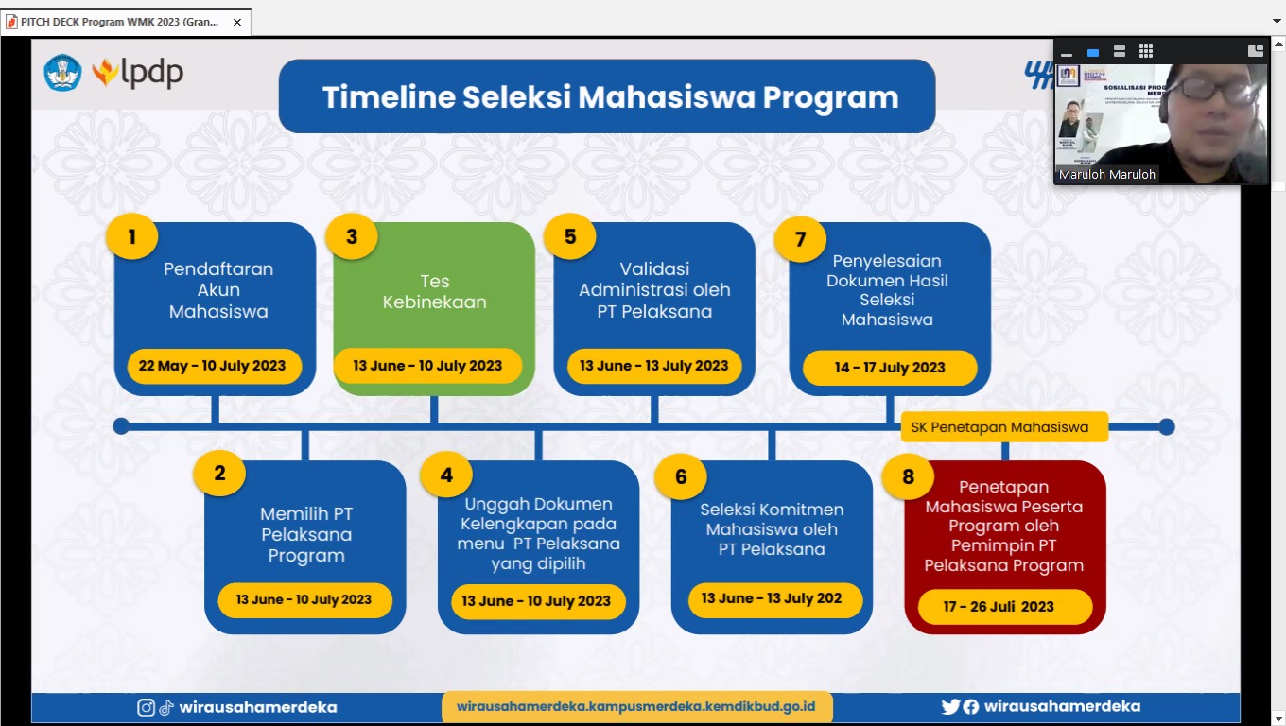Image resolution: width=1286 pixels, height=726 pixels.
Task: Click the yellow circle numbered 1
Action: (x=131, y=237)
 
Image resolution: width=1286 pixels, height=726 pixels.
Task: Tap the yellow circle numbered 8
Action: (x=909, y=476)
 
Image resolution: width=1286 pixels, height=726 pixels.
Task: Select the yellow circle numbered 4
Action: (x=447, y=475)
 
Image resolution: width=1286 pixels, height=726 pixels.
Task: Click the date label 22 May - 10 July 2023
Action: (x=212, y=366)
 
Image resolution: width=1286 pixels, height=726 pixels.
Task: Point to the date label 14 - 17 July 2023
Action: (x=890, y=368)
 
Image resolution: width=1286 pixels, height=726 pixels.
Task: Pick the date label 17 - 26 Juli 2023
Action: (x=999, y=606)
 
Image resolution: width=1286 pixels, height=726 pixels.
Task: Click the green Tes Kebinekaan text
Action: (x=435, y=292)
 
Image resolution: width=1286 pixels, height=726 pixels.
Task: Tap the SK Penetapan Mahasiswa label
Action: (x=999, y=427)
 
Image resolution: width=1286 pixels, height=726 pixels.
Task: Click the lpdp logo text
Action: (x=151, y=74)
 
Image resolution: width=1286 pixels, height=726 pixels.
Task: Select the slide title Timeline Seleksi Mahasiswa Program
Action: (x=610, y=97)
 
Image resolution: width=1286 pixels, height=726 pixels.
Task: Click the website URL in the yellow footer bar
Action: (x=635, y=706)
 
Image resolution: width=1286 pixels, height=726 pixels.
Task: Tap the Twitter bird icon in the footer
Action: (x=950, y=706)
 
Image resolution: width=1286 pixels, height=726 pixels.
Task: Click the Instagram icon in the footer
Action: (x=147, y=707)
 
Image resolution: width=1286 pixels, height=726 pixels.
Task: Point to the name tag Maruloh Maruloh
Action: (x=1107, y=175)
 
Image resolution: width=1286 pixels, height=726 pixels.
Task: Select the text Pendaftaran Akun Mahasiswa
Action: (x=218, y=289)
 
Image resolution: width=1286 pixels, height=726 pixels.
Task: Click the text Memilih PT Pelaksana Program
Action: (x=306, y=534)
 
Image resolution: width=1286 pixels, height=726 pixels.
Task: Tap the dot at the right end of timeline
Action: (x=1167, y=426)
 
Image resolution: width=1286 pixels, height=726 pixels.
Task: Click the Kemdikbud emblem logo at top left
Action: (x=62, y=73)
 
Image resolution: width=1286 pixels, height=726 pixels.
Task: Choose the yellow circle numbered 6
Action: (x=681, y=476)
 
